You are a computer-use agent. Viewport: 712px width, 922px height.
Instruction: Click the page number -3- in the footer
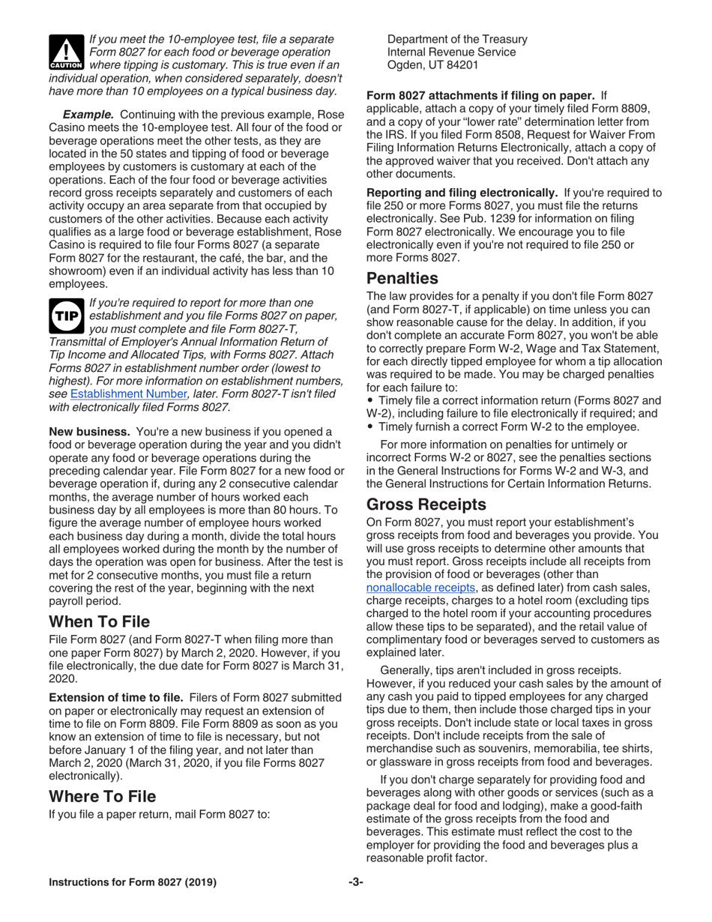355,882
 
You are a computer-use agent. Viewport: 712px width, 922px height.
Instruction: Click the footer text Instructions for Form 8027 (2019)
133,882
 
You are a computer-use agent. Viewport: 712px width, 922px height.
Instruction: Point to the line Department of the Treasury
457,38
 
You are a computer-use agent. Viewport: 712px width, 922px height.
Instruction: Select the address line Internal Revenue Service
451,52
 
